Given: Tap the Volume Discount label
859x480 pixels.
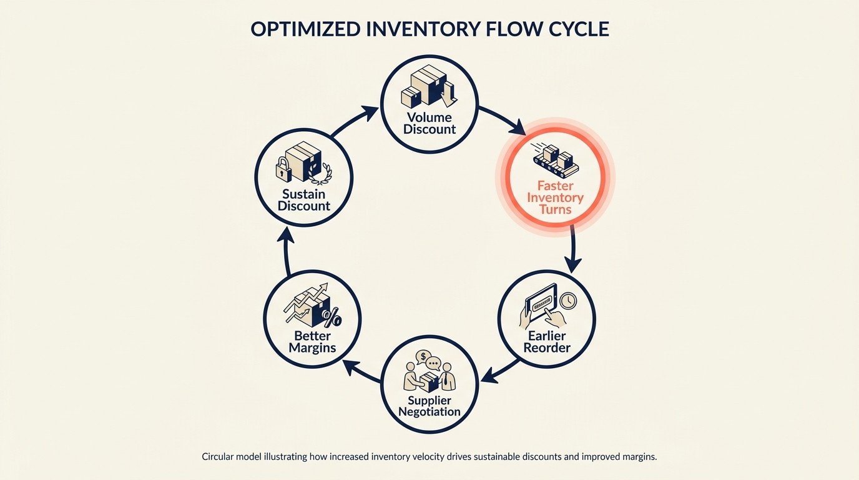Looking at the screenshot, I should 430,124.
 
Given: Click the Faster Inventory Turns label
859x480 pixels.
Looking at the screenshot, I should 555,197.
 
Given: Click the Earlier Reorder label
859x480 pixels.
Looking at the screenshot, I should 547,342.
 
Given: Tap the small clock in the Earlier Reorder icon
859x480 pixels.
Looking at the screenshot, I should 568,300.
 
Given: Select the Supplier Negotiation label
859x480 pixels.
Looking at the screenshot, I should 430,406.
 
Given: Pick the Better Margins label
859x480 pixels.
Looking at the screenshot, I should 312,342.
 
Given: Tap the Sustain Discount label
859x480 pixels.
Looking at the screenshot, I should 304,200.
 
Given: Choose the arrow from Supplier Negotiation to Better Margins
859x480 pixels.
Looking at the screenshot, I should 362,371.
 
